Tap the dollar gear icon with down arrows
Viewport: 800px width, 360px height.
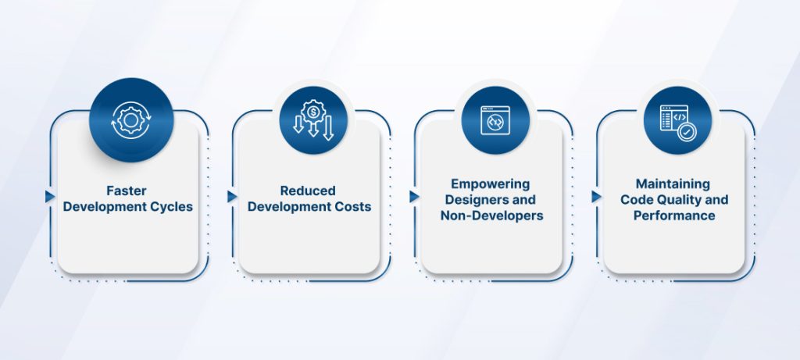[312, 121]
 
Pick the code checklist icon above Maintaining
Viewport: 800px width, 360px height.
[677, 121]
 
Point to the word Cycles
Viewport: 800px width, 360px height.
[171, 206]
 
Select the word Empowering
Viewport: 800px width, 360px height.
[490, 184]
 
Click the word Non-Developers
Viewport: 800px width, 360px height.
[491, 216]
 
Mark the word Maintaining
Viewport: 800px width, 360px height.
[672, 184]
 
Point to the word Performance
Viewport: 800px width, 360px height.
[673, 215]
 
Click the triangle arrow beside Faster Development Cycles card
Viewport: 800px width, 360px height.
[50, 196]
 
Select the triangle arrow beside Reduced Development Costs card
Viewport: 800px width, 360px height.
[232, 196]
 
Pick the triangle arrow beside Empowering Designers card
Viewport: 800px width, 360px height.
[414, 196]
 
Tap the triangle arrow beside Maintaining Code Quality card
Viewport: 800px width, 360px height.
[596, 196]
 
